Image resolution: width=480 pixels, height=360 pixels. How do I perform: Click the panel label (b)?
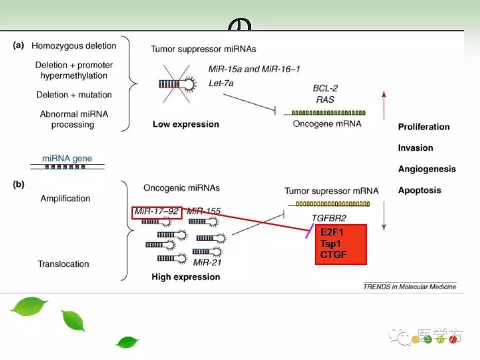(x=18, y=185)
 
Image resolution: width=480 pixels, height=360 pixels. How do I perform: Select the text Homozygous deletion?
(x=73, y=46)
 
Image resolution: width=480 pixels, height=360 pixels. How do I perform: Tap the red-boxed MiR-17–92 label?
(x=156, y=212)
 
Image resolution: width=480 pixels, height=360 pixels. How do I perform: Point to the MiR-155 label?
(x=203, y=211)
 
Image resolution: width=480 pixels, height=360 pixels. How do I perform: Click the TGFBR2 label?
(x=328, y=218)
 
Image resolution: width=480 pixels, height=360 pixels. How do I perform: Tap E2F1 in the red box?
(x=332, y=233)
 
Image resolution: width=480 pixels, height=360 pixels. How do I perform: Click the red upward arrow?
(x=383, y=105)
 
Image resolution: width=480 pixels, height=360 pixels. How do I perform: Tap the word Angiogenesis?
(x=426, y=169)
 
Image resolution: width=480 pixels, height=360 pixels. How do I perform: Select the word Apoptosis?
(x=419, y=190)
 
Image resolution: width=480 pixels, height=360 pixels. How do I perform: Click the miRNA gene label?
(x=67, y=158)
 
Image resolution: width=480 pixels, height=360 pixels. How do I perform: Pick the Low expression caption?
(x=185, y=124)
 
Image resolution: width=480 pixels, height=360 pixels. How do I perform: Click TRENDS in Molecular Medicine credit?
(x=409, y=286)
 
